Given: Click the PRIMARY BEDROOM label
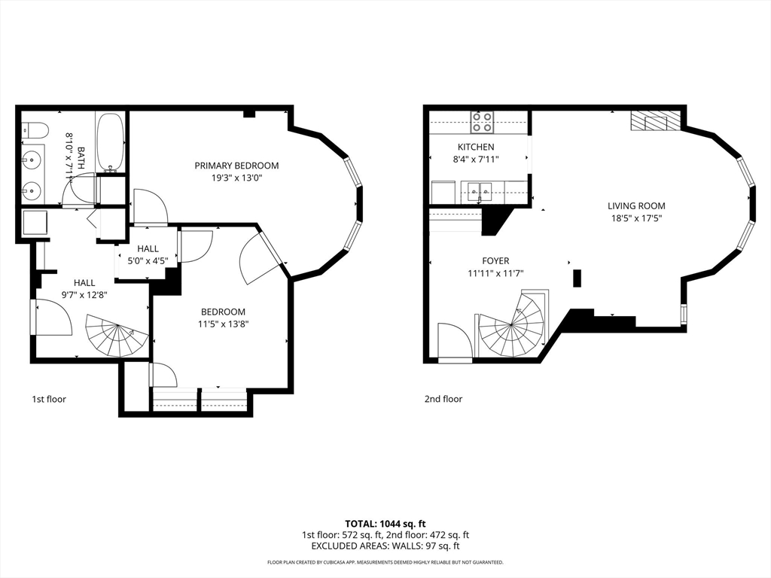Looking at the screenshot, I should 236,166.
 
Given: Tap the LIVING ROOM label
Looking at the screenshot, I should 636,205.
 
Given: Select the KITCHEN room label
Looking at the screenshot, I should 476,147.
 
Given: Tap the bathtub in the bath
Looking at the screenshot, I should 111,141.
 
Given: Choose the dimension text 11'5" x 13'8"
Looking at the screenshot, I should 222,324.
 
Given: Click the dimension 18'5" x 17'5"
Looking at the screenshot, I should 636,218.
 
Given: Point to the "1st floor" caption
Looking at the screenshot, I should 49,399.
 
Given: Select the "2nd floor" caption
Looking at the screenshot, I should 443,399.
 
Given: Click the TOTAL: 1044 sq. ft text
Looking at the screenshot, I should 385,523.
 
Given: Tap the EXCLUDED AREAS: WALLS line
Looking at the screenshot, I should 385,546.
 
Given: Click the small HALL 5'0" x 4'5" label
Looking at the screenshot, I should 148,254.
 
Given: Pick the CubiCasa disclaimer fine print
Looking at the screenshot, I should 385,562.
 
